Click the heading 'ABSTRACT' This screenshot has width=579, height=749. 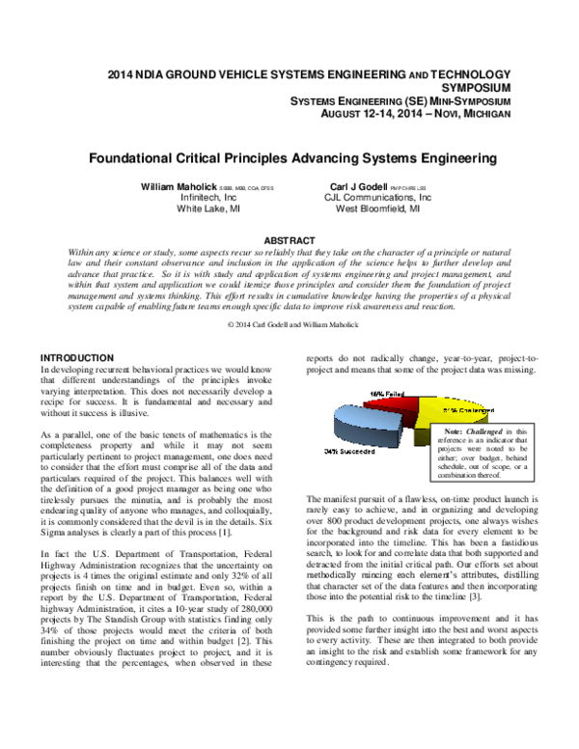[x=289, y=236]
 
